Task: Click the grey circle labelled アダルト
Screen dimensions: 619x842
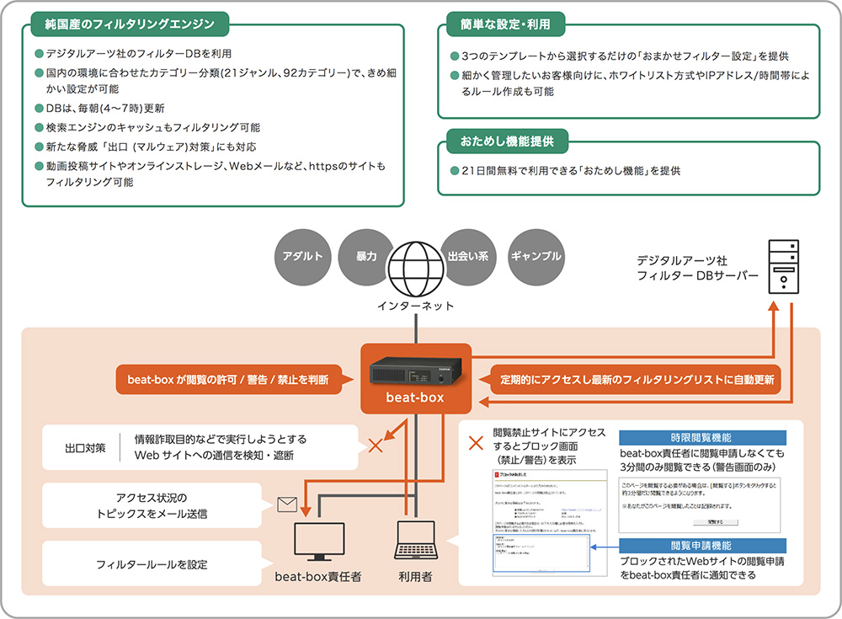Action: (x=302, y=256)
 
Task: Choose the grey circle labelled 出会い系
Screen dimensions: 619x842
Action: (x=467, y=256)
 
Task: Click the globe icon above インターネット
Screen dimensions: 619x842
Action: (x=416, y=268)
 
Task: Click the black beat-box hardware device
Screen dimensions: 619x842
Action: (x=415, y=368)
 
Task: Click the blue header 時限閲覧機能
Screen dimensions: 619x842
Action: (x=701, y=438)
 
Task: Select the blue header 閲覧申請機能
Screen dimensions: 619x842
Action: (x=701, y=545)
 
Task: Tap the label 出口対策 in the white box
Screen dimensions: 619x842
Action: (x=85, y=447)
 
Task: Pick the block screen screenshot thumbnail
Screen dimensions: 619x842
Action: (x=539, y=522)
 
